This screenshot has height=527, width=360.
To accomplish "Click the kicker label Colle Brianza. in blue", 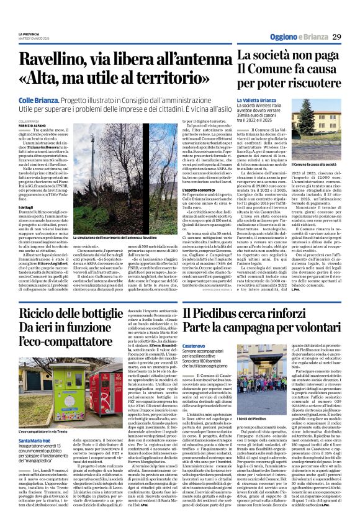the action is (x=38, y=99).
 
